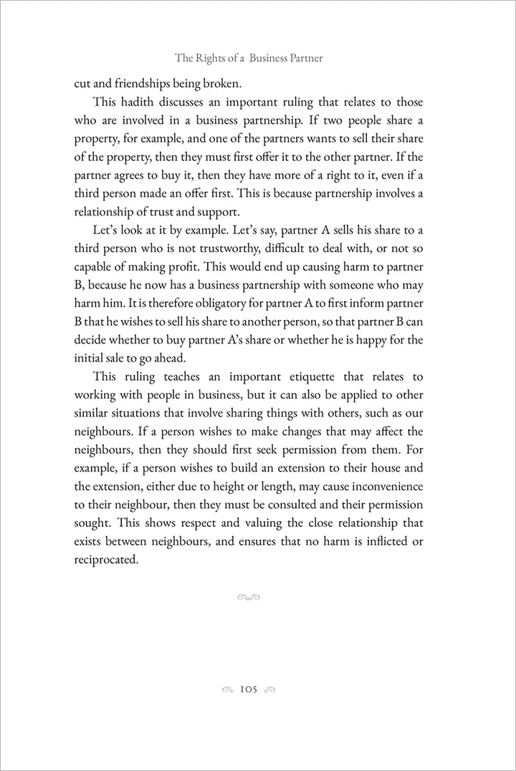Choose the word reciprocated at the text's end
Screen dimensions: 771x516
tap(105, 560)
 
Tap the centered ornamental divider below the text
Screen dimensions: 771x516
tap(247, 597)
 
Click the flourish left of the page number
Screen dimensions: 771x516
tap(227, 690)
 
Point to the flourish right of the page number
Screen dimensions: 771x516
tap(270, 690)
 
